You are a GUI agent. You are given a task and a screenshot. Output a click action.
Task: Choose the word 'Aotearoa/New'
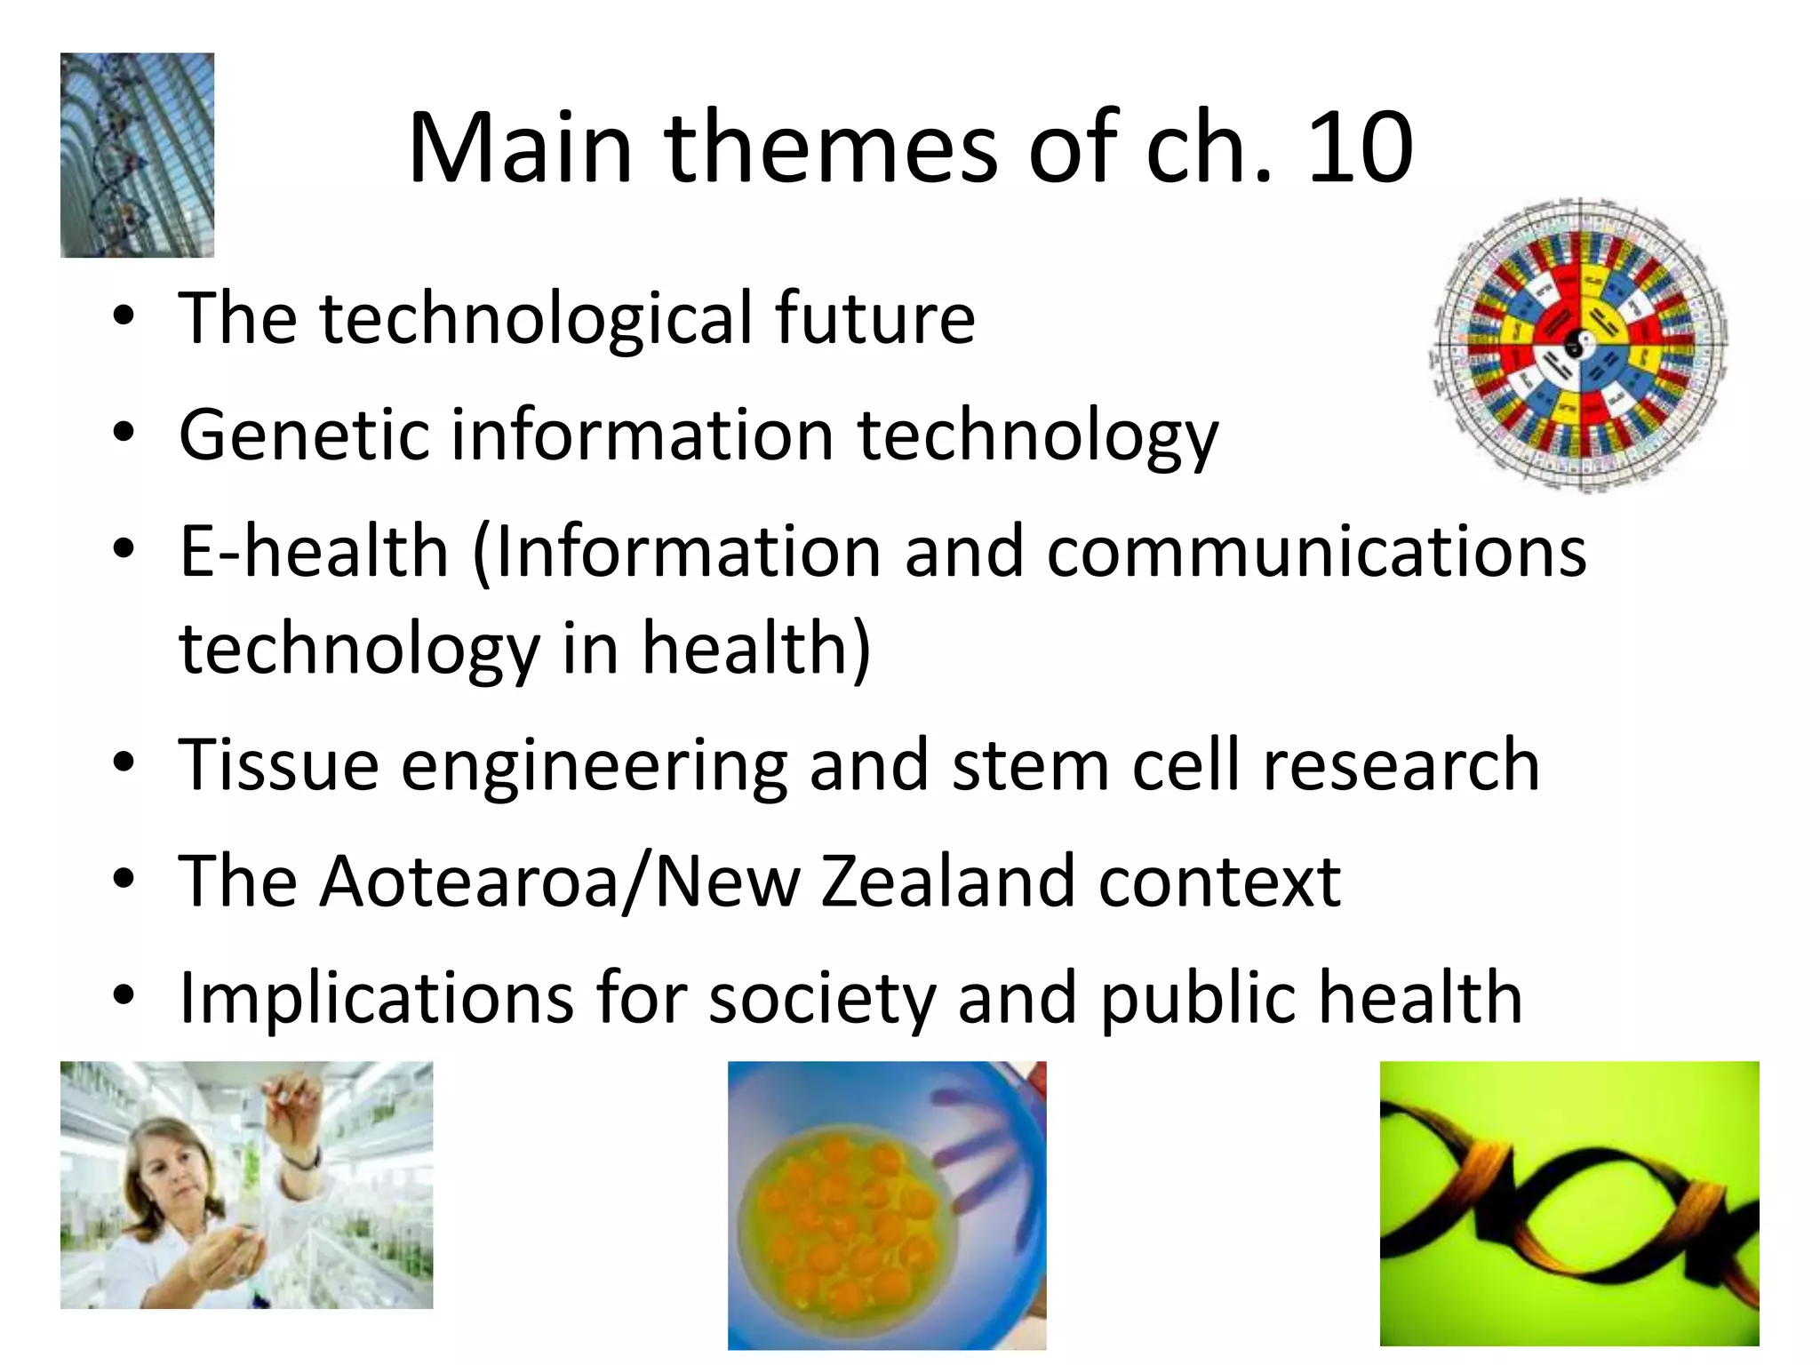pyautogui.click(x=560, y=882)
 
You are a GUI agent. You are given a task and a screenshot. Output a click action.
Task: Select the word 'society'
pyautogui.click(x=822, y=999)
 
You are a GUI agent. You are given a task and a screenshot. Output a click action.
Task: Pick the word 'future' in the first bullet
pyautogui.click(x=874, y=317)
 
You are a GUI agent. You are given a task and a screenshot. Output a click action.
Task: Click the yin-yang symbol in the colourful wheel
pyautogui.click(x=1577, y=342)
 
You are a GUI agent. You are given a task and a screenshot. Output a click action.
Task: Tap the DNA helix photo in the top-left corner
pyautogui.click(x=137, y=156)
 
